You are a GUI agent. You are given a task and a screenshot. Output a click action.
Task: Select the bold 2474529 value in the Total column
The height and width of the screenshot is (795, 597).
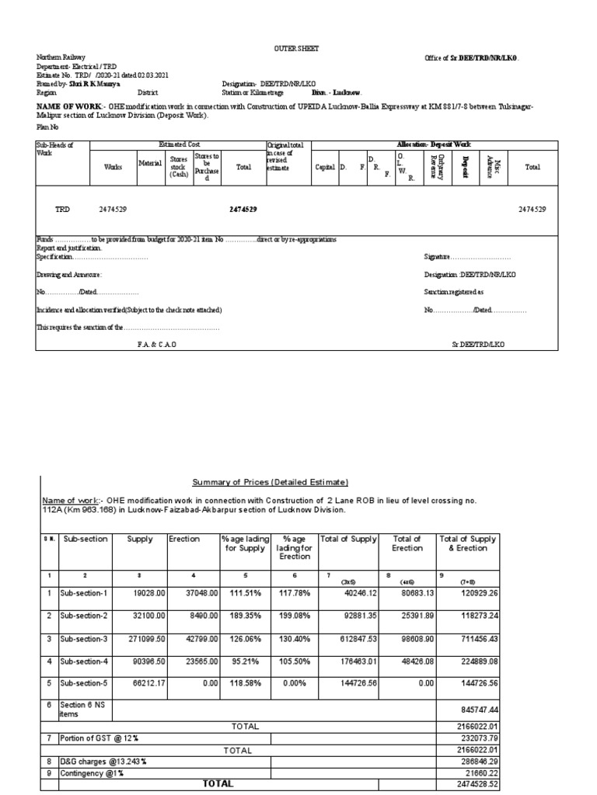pyautogui.click(x=243, y=210)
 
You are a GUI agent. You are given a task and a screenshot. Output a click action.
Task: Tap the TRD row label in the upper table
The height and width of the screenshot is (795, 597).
pyautogui.click(x=63, y=210)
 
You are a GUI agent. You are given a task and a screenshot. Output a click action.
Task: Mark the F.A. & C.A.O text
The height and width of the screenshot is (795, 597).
pyautogui.click(x=157, y=343)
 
